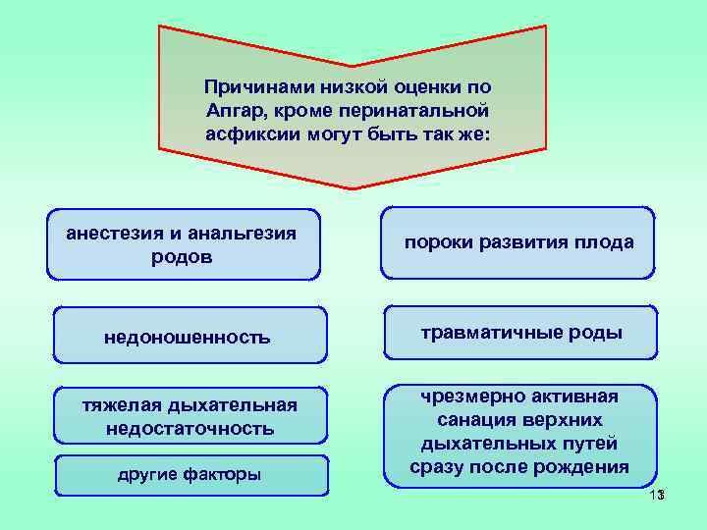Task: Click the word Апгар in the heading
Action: [234, 109]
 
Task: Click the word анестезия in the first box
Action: [110, 234]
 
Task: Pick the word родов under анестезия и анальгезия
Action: [183, 257]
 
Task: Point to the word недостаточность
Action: [189, 429]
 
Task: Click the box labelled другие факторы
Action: [189, 475]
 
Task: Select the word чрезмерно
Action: [470, 397]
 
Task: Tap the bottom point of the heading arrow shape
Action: [353, 187]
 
